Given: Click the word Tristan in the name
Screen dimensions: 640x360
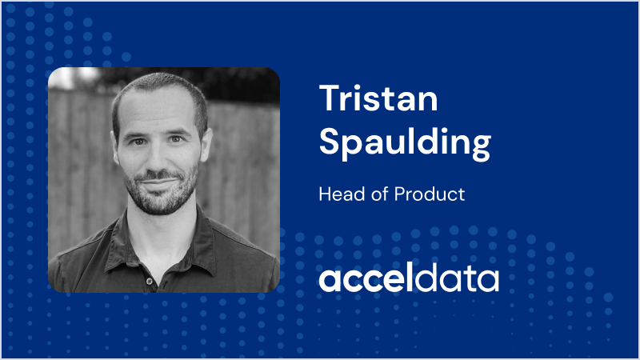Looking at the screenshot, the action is (x=378, y=98).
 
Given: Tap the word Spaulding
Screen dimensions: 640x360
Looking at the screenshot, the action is (x=405, y=143).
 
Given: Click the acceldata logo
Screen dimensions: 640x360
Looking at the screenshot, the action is (x=409, y=278).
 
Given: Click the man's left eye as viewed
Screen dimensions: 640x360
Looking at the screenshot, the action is (x=138, y=142).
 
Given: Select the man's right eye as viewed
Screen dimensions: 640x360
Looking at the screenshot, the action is (x=175, y=139).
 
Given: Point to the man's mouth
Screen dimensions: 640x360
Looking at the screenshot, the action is (x=158, y=182).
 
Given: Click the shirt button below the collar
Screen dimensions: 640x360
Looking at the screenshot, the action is (x=150, y=281).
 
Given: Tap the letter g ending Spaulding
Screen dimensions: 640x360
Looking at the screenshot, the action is (x=481, y=146).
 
